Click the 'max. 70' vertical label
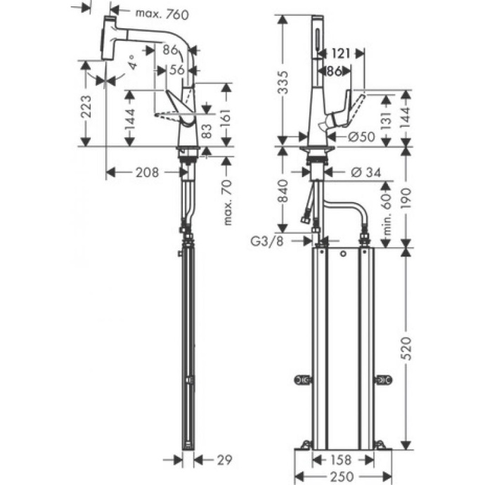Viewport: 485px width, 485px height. (x=227, y=202)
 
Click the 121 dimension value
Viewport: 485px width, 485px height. (x=341, y=53)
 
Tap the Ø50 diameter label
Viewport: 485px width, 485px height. (x=358, y=136)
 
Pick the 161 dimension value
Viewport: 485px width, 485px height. (x=226, y=117)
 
